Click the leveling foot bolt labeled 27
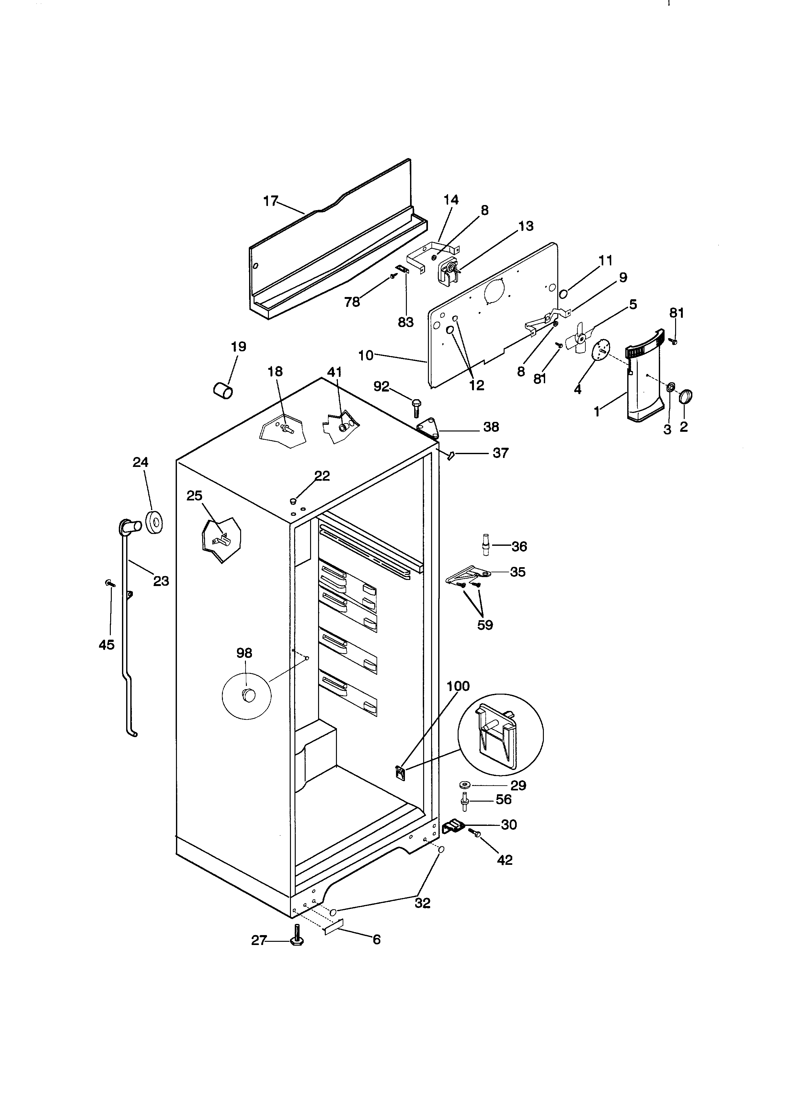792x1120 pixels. click(x=296, y=941)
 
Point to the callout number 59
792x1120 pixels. click(x=485, y=625)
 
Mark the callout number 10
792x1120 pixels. click(x=365, y=356)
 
